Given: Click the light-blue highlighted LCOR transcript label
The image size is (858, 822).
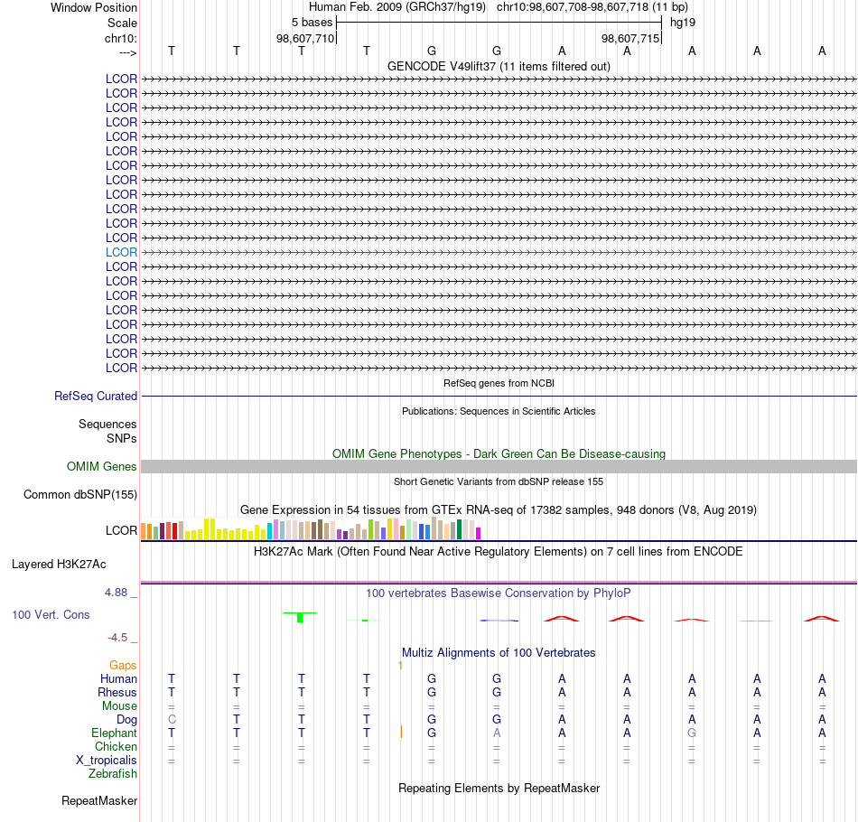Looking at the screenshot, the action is pyautogui.click(x=121, y=252).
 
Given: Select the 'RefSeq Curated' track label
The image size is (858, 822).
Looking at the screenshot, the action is pyautogui.click(x=96, y=396).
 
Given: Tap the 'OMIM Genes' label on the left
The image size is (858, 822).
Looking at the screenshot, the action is pyautogui.click(x=102, y=466).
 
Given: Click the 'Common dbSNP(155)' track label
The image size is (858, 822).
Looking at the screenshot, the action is pyautogui.click(x=80, y=494).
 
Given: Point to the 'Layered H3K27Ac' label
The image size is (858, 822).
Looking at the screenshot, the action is pyautogui.click(x=59, y=564).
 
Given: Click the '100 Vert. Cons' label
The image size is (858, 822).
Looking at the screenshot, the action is pyautogui.click(x=51, y=614).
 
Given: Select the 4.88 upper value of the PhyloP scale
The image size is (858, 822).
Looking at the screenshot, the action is pyautogui.click(x=116, y=593).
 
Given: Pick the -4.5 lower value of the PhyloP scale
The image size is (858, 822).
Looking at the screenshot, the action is pyautogui.click(x=117, y=637).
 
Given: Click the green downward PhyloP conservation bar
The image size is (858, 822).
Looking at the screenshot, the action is pyautogui.click(x=300, y=617).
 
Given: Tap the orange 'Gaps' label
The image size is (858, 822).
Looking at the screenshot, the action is pyautogui.click(x=123, y=665).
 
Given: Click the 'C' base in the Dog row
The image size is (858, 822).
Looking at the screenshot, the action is pyautogui.click(x=172, y=719).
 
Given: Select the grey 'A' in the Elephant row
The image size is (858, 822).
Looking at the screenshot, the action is pyautogui.click(x=497, y=733).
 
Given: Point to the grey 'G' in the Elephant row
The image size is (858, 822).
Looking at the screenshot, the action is pyautogui.click(x=692, y=733).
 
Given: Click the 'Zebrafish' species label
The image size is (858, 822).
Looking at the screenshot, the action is pyautogui.click(x=113, y=773).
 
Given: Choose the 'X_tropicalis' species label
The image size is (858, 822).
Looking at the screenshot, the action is pyautogui.click(x=107, y=761).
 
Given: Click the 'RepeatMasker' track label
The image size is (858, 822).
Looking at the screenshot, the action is pyautogui.click(x=99, y=800).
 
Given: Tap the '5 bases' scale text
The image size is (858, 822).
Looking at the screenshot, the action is pyautogui.click(x=312, y=23).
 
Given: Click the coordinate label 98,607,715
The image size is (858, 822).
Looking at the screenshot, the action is pyautogui.click(x=630, y=38).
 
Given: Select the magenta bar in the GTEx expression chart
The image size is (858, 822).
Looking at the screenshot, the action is pyautogui.click(x=479, y=533).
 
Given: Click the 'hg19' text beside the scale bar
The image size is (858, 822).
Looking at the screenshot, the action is pyautogui.click(x=683, y=23).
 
